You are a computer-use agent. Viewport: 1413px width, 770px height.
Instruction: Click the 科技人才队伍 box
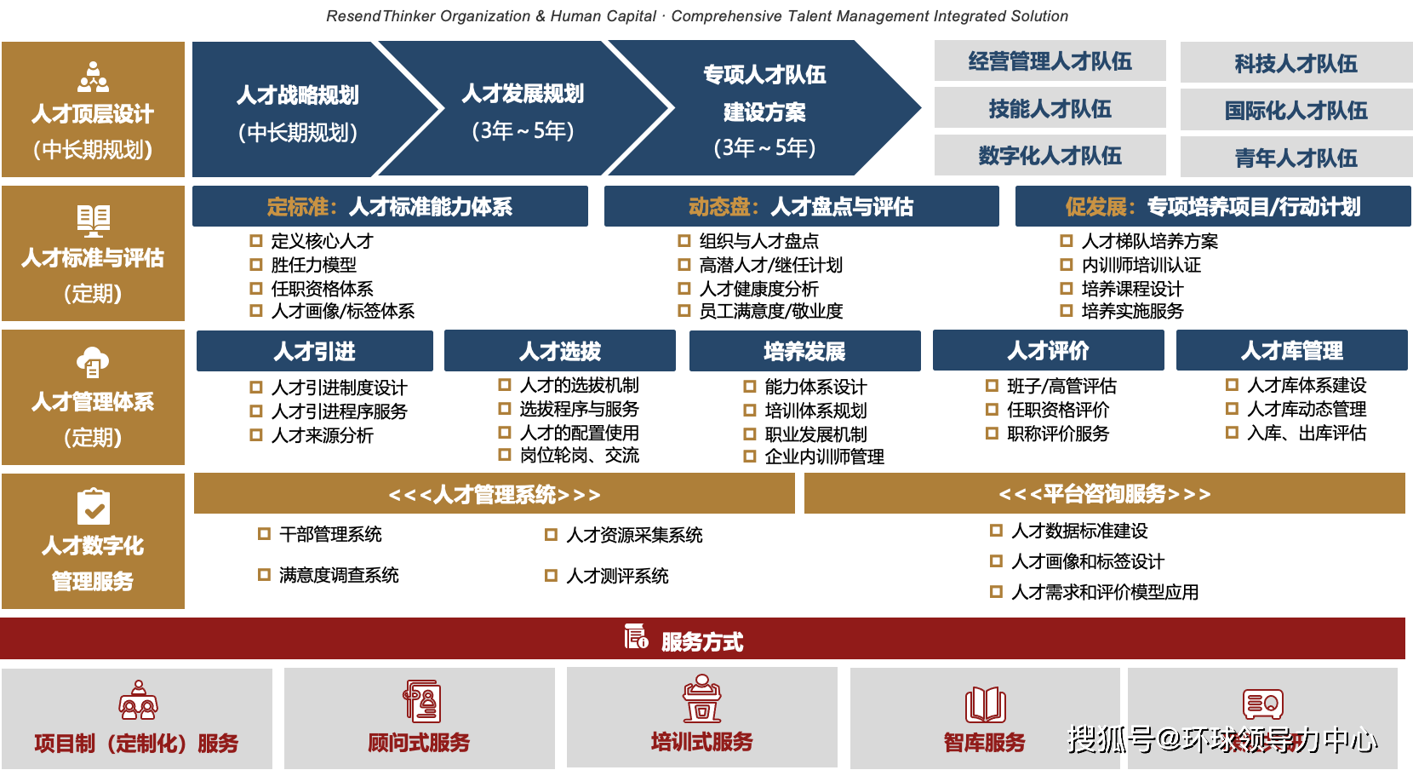(1296, 63)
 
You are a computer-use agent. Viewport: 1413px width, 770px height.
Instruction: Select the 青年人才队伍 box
(1296, 158)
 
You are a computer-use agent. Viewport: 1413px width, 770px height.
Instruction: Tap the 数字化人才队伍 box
(1050, 155)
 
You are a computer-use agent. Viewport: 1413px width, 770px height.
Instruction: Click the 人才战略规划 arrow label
(297, 95)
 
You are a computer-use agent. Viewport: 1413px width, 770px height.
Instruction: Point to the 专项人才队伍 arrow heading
(764, 75)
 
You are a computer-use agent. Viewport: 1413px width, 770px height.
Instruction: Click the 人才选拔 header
(560, 351)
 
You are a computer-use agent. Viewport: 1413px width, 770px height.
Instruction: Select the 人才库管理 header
(1291, 350)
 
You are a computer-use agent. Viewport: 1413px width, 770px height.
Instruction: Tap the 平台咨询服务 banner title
(1104, 494)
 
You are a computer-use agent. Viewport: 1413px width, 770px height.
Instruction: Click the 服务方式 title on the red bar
(701, 641)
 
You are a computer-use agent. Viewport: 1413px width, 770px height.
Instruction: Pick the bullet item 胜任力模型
(313, 265)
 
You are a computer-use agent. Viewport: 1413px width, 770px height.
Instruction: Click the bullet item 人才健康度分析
(758, 289)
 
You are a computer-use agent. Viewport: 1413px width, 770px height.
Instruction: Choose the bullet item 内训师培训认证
(1141, 265)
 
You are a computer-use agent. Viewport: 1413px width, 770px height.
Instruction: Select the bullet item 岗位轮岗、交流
(579, 456)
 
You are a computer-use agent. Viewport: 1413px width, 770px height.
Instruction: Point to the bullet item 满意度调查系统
(338, 575)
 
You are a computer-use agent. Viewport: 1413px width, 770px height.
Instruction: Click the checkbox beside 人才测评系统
(551, 576)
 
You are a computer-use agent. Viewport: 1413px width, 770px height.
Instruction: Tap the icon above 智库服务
(985, 704)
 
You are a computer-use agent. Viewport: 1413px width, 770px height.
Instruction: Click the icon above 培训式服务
(701, 699)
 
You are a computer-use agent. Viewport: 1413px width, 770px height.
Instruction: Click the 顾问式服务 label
(419, 743)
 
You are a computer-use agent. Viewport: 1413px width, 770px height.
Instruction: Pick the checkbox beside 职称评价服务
(992, 434)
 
